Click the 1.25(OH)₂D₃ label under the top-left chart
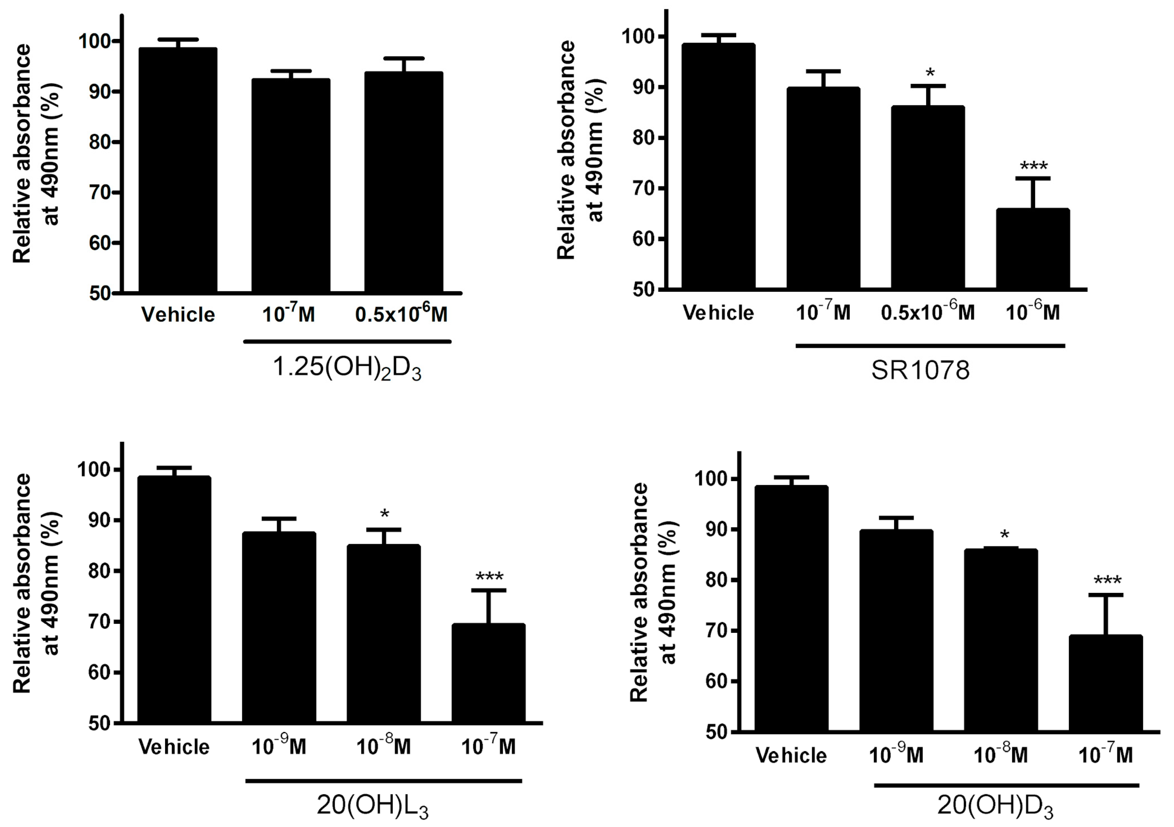347,368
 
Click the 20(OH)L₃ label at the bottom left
373,806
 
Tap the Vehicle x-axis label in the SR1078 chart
718,313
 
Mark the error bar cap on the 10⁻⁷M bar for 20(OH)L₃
488,590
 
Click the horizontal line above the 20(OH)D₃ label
1006,785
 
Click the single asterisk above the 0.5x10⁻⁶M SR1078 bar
929,72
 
